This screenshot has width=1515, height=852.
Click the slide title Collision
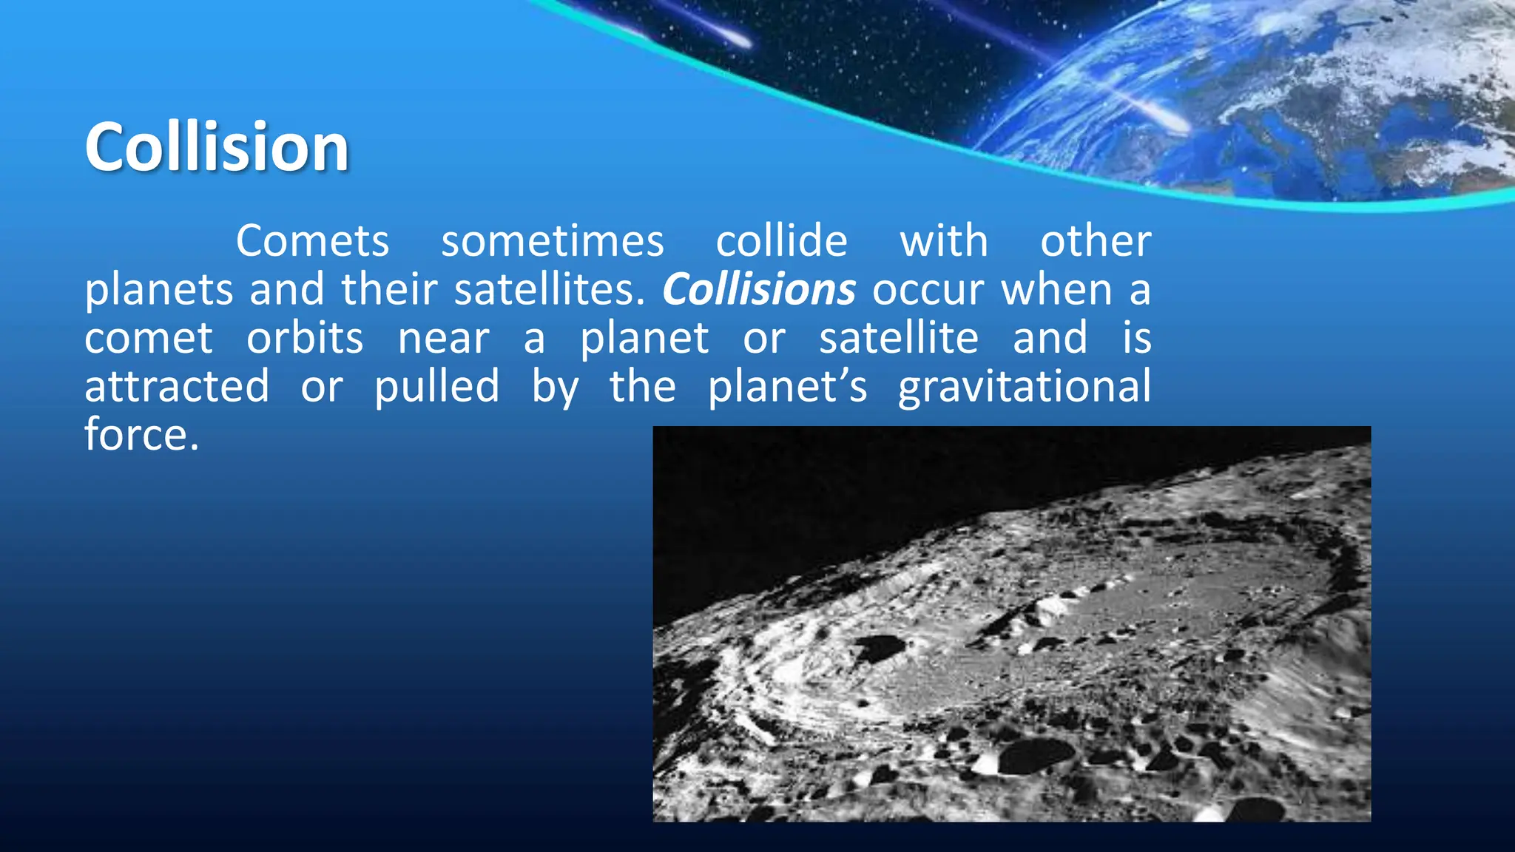(x=216, y=147)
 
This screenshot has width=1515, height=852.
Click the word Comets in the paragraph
(x=312, y=241)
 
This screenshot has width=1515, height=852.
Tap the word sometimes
(x=552, y=241)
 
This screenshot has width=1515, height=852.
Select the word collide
(x=781, y=241)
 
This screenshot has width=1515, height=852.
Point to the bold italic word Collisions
(x=758, y=289)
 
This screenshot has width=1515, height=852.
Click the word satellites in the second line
(x=549, y=289)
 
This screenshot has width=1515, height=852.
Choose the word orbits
(x=305, y=338)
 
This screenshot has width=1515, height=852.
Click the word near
(x=443, y=338)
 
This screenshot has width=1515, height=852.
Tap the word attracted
(x=177, y=386)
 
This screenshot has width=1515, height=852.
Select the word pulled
(x=436, y=386)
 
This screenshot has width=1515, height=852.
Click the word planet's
(x=787, y=386)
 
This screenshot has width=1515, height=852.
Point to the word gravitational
(x=1025, y=386)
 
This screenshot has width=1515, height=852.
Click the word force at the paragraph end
(x=141, y=434)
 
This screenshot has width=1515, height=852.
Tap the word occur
(x=928, y=289)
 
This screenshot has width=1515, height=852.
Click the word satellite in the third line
(x=898, y=338)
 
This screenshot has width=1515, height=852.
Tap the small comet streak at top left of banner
(x=732, y=37)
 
